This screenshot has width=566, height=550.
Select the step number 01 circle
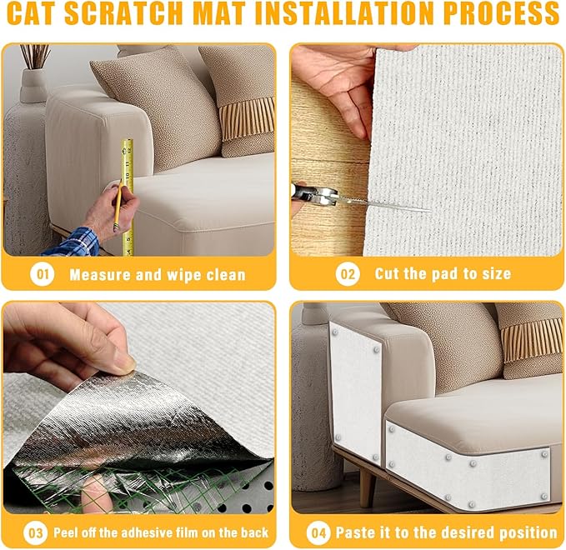43,273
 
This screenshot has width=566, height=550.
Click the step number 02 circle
346,273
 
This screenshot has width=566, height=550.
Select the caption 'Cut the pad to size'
442,273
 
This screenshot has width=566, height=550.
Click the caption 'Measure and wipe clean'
157,273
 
